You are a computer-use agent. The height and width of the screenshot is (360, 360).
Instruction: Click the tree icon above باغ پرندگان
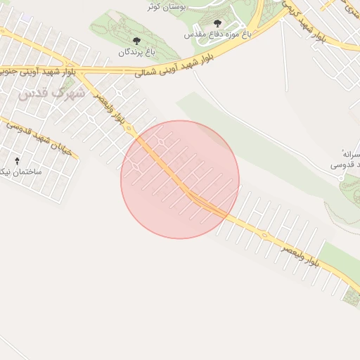136,41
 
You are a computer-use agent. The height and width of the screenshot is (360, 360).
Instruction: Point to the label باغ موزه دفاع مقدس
217,34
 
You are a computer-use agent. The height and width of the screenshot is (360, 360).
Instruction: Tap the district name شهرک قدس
40,92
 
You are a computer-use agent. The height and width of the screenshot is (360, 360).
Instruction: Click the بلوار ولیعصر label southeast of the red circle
300,255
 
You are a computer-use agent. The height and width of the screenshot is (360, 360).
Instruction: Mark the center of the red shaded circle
180,179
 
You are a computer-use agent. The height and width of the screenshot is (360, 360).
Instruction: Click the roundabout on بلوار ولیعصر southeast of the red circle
264,234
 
